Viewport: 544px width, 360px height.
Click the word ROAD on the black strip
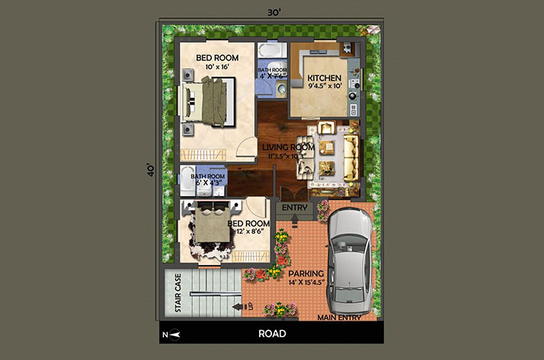(x=272, y=334)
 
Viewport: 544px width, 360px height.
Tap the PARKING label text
(x=306, y=274)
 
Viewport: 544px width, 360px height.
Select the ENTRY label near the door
(x=295, y=208)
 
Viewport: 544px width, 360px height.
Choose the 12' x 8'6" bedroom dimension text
(x=249, y=232)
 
